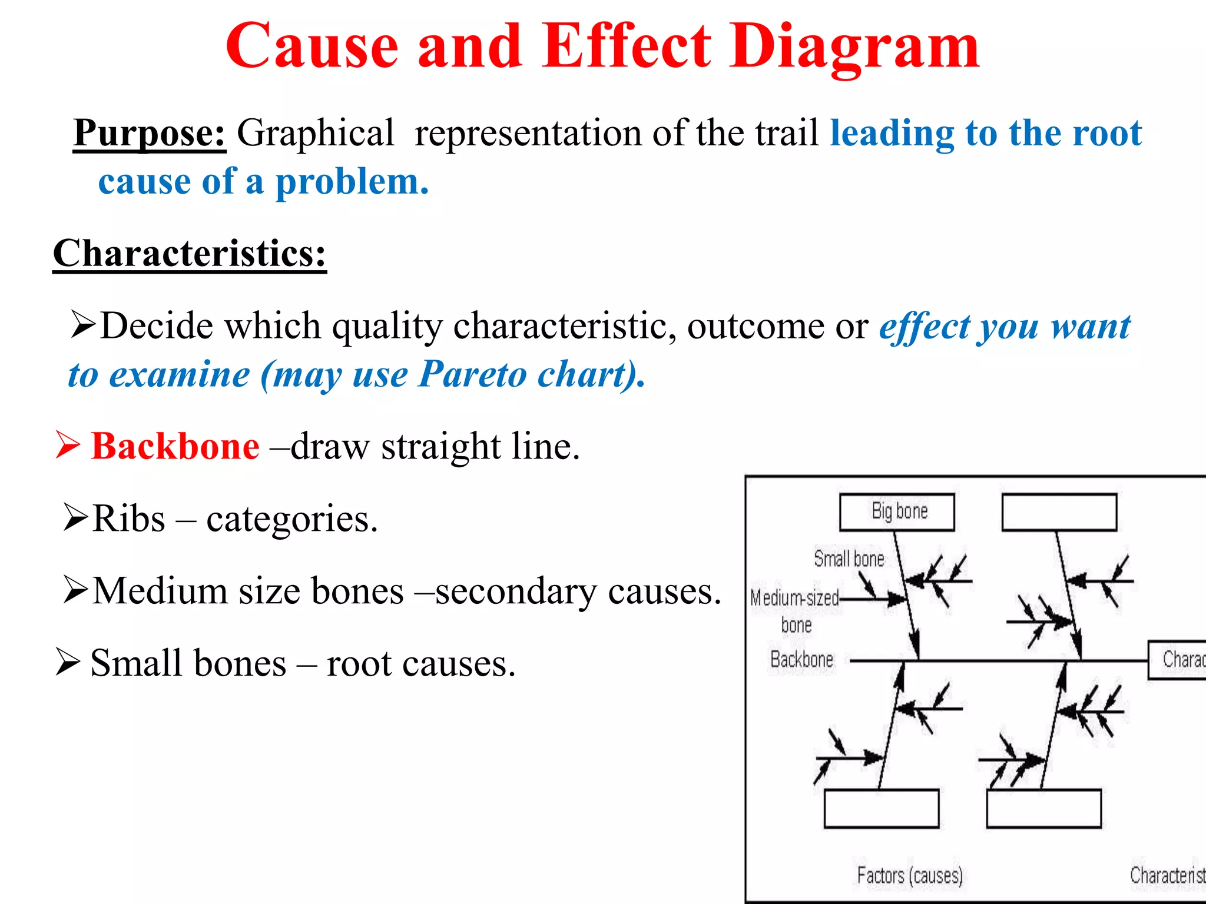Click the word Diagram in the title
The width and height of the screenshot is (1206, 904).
tap(854, 47)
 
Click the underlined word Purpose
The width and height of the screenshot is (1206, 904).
tap(149, 133)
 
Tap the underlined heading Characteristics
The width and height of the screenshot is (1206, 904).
tap(189, 254)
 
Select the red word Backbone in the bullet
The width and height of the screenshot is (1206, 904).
tap(175, 446)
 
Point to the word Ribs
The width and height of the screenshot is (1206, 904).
tap(129, 519)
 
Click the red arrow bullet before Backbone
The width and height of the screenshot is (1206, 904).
tap(68, 444)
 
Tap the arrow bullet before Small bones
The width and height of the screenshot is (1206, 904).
tap(68, 662)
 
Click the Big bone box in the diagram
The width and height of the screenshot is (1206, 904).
tap(897, 512)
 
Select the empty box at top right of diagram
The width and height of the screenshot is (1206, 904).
tap(1059, 513)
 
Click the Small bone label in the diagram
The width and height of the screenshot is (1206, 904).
tap(849, 559)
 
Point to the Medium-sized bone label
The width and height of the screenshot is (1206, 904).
tap(795, 611)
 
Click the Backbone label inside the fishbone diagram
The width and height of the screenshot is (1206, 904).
tap(801, 659)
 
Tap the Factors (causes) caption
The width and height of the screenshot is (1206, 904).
tap(910, 875)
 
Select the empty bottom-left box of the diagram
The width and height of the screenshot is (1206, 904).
tap(881, 809)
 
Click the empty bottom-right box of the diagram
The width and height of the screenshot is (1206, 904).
tap(1043, 809)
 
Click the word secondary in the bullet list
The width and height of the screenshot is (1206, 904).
tap(516, 591)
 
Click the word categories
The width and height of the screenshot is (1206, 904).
tap(291, 519)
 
